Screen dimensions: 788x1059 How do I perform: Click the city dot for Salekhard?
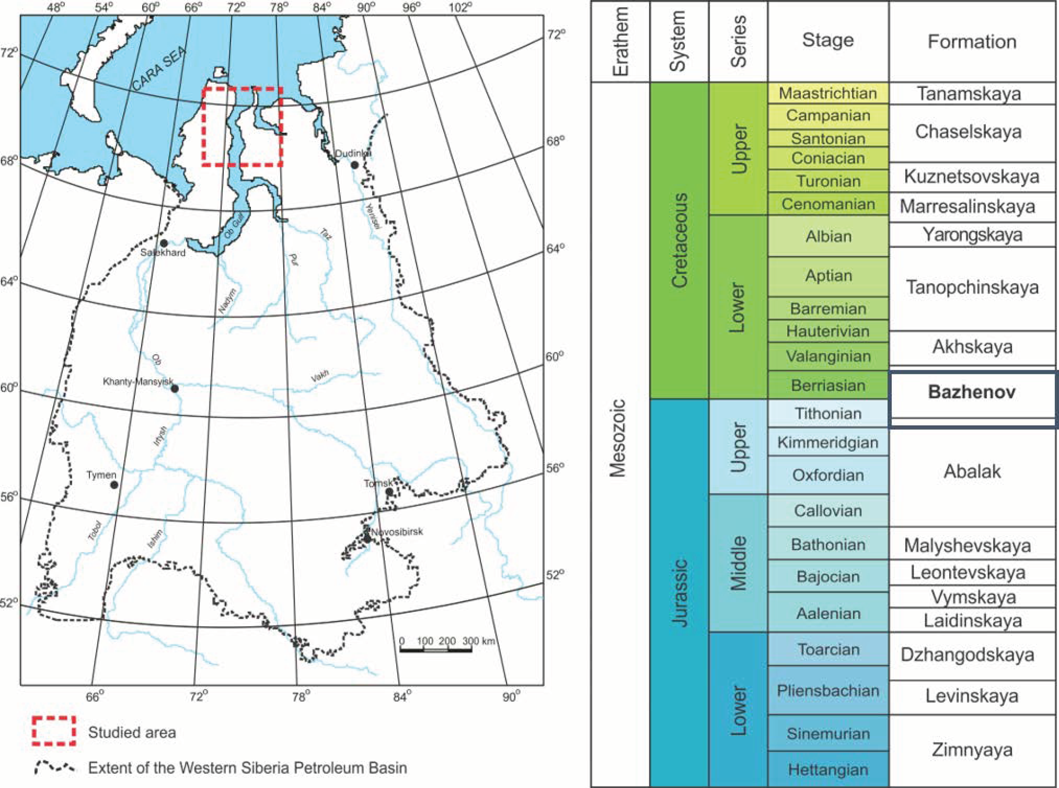coord(164,243)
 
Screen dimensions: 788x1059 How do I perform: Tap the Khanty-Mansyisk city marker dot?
coord(175,389)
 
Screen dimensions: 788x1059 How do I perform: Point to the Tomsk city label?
coord(378,483)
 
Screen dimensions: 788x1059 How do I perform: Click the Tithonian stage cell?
coord(828,414)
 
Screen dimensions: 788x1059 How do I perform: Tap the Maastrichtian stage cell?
coord(828,93)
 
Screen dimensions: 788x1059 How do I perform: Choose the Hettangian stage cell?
coord(828,769)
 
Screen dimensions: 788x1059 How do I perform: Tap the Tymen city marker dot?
coord(114,485)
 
